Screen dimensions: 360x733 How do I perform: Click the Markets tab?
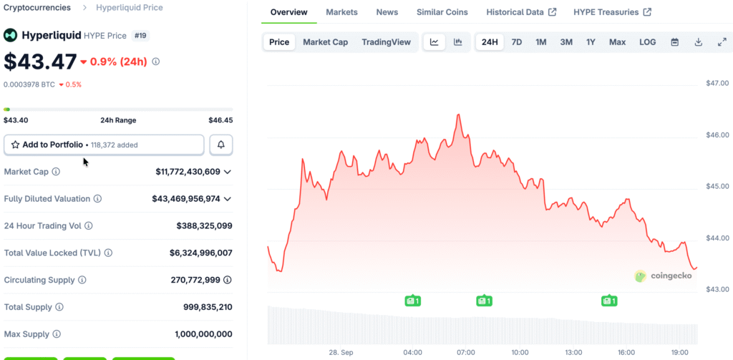tap(341, 12)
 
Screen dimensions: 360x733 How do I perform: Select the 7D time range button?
tap(516, 42)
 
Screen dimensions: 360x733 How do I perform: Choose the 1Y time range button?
tap(591, 42)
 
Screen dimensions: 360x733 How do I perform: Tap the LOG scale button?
tap(647, 42)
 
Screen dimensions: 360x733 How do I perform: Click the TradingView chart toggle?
tap(386, 42)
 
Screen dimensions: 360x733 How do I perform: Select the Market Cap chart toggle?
tap(325, 42)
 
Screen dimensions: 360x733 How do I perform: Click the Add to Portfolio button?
tap(104, 145)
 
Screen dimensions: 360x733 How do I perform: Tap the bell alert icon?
tap(221, 145)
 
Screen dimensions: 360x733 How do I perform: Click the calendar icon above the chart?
tap(674, 42)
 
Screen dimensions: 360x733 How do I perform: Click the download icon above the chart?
tap(698, 42)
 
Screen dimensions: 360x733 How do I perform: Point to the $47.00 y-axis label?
tap(717, 84)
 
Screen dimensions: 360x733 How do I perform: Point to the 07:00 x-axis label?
tap(466, 352)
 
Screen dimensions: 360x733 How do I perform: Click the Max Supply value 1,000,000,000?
tap(203, 334)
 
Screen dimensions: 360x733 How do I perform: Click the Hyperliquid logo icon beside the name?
tap(11, 35)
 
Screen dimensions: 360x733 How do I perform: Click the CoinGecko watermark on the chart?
tap(663, 276)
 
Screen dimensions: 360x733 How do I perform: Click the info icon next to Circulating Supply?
tap(82, 280)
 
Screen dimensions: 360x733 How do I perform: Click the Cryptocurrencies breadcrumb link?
tap(37, 8)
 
